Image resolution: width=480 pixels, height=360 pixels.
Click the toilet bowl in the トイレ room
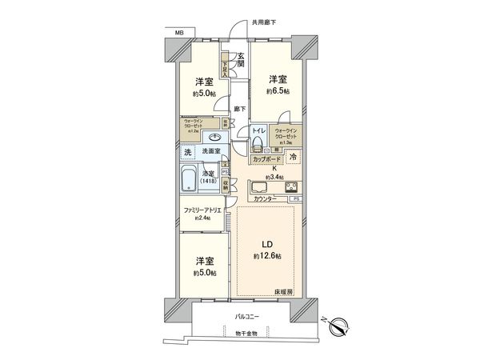(x=258, y=144)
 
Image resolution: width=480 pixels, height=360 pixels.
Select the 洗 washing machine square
(x=186, y=152)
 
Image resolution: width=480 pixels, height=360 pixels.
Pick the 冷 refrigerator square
(x=294, y=157)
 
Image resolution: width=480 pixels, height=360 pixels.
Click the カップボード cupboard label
(x=266, y=160)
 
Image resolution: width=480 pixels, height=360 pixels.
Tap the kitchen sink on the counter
(x=263, y=190)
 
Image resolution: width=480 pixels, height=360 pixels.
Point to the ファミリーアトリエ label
(x=202, y=211)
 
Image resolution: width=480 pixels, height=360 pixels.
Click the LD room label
(x=266, y=246)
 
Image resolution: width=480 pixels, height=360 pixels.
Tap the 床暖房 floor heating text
(x=285, y=293)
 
